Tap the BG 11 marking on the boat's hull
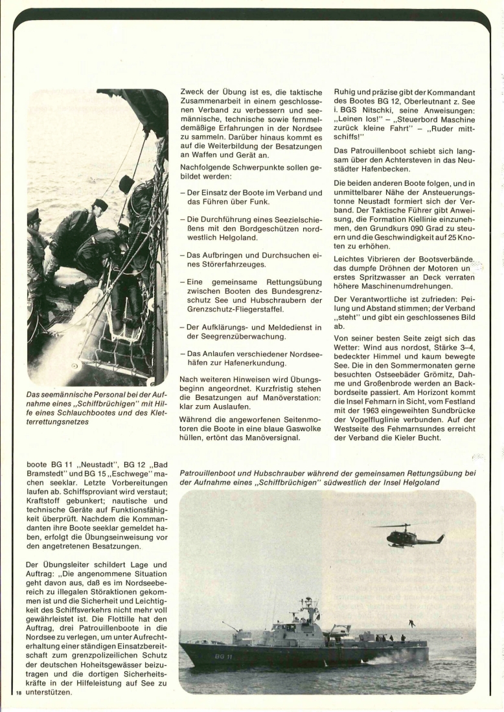[225, 656]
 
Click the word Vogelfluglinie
[377, 419]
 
